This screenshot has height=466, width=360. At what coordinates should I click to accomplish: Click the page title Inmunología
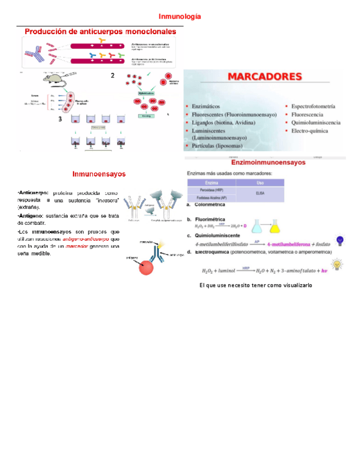[x=180, y=16]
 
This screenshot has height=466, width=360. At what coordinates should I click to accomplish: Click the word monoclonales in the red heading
[x=150, y=32]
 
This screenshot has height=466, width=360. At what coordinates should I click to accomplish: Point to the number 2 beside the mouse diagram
[x=112, y=75]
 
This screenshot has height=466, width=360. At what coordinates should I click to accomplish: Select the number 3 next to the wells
[x=59, y=120]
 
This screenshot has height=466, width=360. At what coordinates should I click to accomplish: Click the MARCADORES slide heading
[x=264, y=77]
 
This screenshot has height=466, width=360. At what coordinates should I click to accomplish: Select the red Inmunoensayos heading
[x=99, y=174]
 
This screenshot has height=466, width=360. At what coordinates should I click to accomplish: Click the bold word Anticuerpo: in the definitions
[x=33, y=193]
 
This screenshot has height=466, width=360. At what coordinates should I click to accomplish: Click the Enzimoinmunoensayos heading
[x=268, y=163]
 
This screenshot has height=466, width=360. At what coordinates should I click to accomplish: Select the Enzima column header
[x=212, y=182]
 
